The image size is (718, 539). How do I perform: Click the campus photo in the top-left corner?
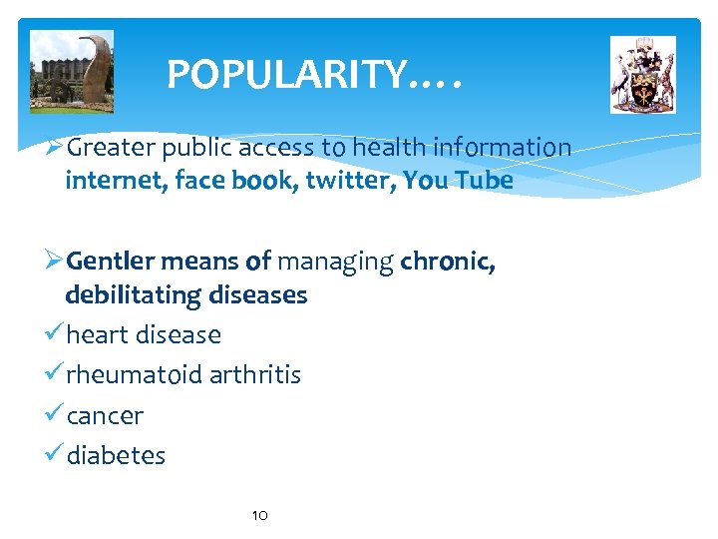pos(72,71)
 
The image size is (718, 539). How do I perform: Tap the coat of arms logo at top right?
pos(643,75)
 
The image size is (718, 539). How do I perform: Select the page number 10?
pos(259,515)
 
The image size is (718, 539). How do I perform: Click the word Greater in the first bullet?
pos(109,149)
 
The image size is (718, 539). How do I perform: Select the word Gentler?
pos(110,263)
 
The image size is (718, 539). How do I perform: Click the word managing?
pos(335,263)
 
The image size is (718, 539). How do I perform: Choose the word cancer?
pos(105,415)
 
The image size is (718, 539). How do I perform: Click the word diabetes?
pos(116,455)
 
